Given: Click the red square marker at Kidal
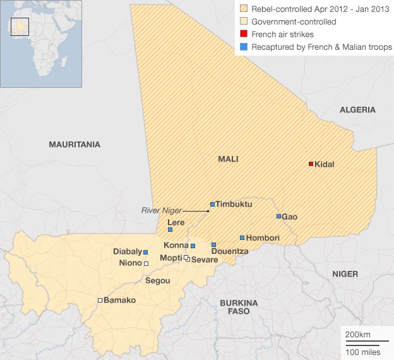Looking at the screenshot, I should coord(311,164).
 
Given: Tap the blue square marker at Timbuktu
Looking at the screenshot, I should coord(213,205).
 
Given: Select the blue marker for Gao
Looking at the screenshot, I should coord(278,217).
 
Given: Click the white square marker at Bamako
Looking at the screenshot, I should coord(100,300).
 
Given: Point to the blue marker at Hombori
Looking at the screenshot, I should coord(242,238).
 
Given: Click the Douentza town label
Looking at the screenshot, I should coord(230,251).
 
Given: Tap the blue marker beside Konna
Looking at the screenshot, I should coord(193,246).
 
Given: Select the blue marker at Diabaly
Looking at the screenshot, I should coord(146,252).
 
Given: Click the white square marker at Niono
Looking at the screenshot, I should coord(146,263).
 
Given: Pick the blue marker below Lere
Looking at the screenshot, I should coord(170,230).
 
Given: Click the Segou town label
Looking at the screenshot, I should coord(157,280).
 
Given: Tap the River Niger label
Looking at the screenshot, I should coord(161,210).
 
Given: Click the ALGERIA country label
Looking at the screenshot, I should coord(357,110).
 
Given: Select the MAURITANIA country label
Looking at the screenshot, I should coord(75,145).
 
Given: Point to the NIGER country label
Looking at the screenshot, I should coord(345,274).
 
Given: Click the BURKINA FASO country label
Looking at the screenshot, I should coord(235,307).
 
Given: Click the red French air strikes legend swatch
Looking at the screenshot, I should coord(244,35).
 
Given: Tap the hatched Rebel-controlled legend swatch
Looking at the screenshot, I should coord(244,9).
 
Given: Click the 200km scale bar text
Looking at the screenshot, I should coord(357,333).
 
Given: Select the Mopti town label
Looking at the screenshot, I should coord(170,258).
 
